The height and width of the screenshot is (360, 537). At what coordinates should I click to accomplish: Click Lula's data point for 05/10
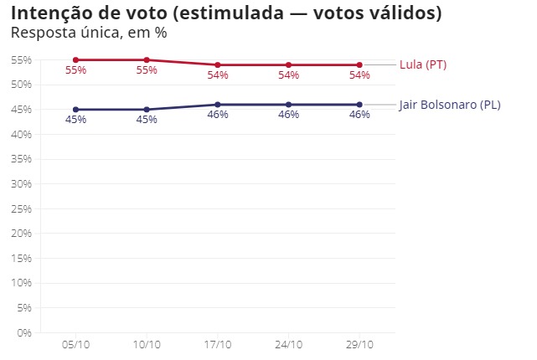75,60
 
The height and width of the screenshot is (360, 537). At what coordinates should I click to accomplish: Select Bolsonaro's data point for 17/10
218,105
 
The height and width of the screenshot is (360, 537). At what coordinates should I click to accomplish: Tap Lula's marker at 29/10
359,65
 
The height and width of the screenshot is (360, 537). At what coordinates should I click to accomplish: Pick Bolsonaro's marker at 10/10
147,110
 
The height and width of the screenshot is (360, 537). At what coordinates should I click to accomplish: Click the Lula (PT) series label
423,65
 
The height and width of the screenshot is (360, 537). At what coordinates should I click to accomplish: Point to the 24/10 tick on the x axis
288,344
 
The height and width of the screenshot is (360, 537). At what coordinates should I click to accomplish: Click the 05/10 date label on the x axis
75,344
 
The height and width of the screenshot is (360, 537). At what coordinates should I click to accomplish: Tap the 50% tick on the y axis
21,85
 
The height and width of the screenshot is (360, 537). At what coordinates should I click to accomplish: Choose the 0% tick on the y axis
24,333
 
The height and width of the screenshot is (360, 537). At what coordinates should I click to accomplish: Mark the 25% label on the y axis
21,208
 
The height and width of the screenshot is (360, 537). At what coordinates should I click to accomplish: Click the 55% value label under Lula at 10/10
147,71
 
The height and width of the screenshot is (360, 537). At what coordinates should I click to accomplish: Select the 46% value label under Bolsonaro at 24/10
288,116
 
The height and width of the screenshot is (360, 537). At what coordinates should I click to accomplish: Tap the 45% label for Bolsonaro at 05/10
75,121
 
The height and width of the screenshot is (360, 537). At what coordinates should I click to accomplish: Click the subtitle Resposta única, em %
88,34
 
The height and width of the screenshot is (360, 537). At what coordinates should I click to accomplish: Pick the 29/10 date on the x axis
359,344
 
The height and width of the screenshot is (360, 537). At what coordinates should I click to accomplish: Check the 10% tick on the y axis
21,283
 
